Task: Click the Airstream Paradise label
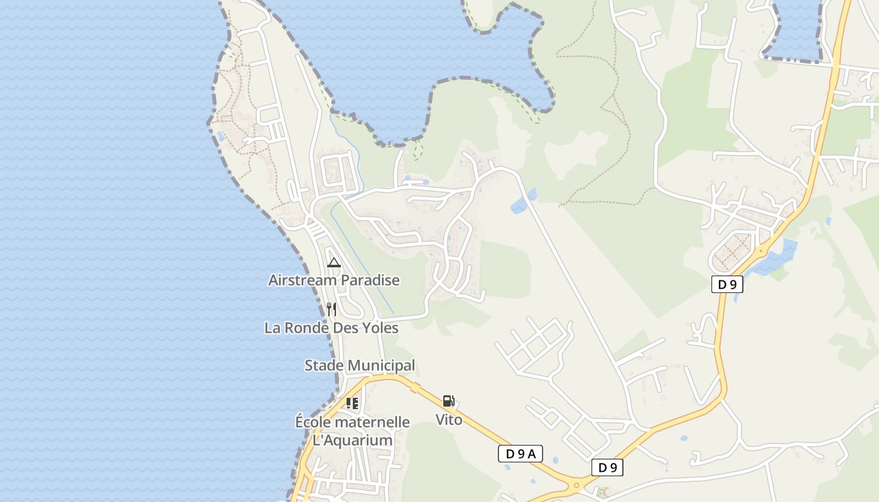pos(333,280)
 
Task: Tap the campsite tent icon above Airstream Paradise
pos(333,262)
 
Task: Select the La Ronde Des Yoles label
pos(331,328)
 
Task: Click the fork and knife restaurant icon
pos(332,309)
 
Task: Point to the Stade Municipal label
pos(360,365)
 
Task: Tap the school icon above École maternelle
pos(352,403)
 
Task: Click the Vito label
pos(449,420)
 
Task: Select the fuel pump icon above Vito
pos(448,401)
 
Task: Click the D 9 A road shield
pos(520,454)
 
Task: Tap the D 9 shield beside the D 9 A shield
pos(607,467)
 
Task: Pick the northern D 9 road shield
pos(727,284)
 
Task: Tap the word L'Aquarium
pos(352,440)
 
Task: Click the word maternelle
pos(375,422)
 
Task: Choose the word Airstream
pos(303,280)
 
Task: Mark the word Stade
pos(324,365)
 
